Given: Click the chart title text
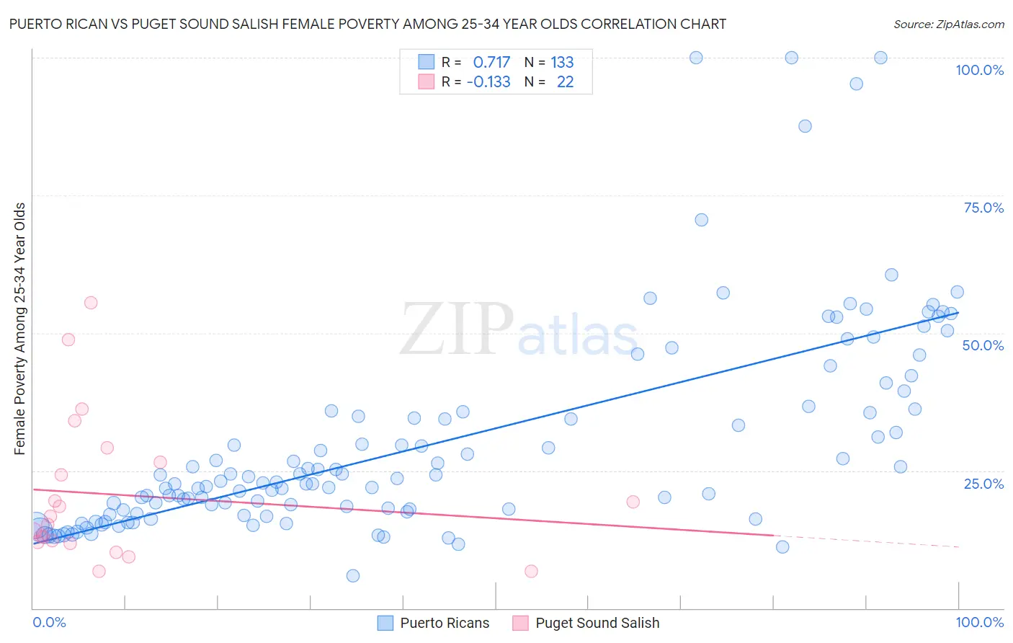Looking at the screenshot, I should [x=367, y=24].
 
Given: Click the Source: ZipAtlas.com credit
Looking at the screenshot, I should [x=948, y=24].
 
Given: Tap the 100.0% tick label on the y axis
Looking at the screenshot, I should [x=979, y=70].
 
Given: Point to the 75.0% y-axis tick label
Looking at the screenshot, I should [x=983, y=208].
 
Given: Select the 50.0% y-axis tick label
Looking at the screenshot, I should [x=983, y=345].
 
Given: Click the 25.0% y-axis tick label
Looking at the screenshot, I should [x=983, y=483].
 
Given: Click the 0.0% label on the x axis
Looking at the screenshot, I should [x=49, y=622].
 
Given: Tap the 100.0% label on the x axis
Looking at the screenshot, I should [x=979, y=622].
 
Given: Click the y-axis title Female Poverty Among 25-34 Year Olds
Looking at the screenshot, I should [x=20, y=329].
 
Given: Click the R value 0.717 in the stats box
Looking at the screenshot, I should [x=491, y=63].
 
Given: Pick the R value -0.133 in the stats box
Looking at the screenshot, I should [x=488, y=82].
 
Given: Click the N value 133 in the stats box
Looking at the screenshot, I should [x=562, y=63].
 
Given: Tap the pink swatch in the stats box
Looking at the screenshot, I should [x=426, y=82].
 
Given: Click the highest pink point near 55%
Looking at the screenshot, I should [x=91, y=303].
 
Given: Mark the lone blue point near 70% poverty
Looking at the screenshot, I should [x=701, y=220].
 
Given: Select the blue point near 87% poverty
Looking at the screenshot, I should [x=805, y=126].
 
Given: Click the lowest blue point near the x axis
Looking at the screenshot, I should [x=352, y=575].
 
